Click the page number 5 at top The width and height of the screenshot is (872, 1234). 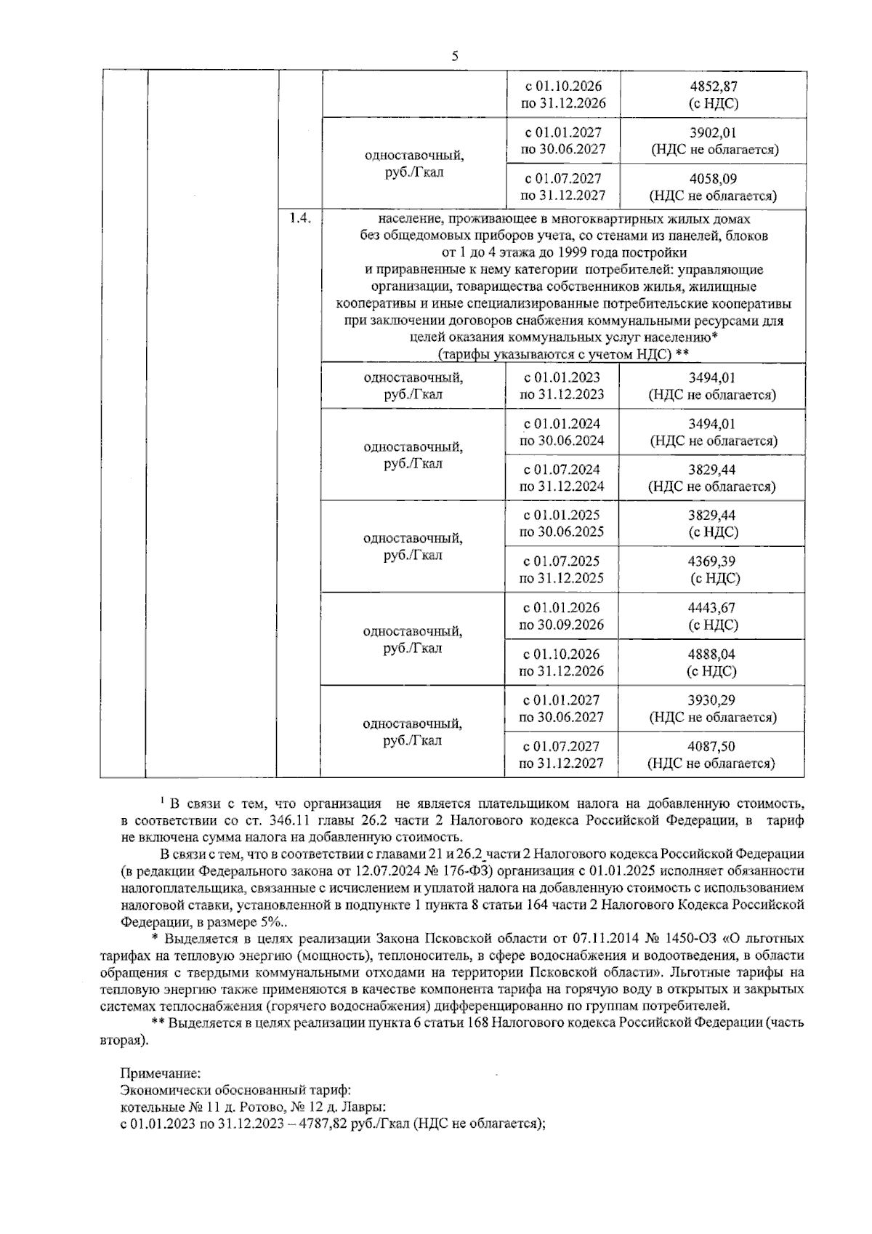455,55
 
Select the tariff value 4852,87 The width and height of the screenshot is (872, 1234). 713,87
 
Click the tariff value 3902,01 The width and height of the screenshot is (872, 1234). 713,133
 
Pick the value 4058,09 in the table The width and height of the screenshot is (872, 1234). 713,179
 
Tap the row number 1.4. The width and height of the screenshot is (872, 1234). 299,218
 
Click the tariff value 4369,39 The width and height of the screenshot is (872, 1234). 713,561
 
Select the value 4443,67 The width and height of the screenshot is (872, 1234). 713,608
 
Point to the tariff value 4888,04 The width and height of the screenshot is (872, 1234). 713,654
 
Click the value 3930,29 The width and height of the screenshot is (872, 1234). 713,700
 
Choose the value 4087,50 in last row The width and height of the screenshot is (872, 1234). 713,747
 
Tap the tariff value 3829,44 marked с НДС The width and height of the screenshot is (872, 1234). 713,516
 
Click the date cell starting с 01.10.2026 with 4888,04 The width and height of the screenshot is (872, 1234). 562,662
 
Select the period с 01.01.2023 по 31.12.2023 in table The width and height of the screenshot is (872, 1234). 562,386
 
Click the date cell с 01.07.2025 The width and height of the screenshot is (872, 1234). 562,561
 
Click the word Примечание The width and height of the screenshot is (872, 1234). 161,1073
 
